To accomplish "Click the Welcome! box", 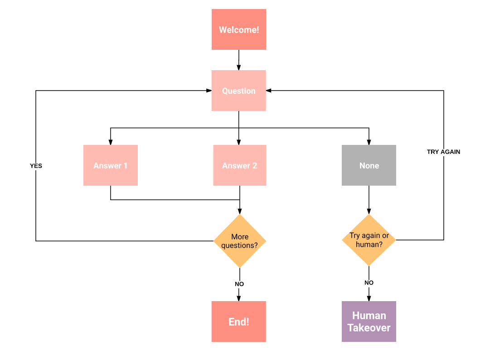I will [239, 30].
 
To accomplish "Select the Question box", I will [239, 91].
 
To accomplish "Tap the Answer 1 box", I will [111, 165].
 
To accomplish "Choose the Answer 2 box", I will [239, 165].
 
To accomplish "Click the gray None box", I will [369, 165].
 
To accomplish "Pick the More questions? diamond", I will [239, 241].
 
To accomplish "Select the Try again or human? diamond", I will [369, 240].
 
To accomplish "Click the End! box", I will [239, 322].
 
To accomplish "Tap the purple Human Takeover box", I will [369, 322].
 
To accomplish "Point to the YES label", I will [36, 166].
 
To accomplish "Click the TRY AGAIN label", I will [443, 152].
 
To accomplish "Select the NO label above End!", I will [239, 284].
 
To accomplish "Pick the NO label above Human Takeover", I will [369, 283].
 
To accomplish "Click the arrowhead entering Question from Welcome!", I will [239, 67].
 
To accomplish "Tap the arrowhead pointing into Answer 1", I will [111, 142].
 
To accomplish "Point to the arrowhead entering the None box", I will [369, 142].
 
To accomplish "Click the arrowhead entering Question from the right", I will [269, 91].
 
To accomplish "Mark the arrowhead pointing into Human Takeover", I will [369, 298].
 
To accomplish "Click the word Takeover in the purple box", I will [369, 327].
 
